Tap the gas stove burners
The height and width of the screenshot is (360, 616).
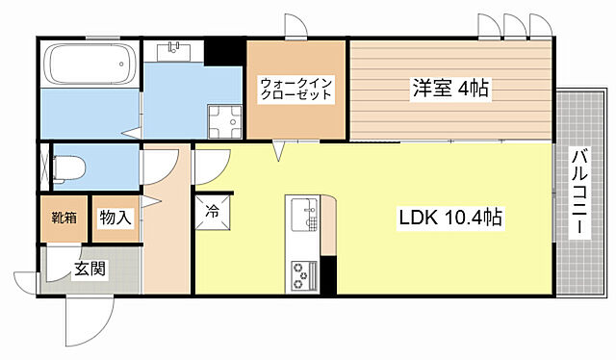point(302,274)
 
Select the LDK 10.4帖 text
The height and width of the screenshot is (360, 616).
point(449,219)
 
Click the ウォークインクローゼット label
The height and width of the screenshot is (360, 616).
point(295,90)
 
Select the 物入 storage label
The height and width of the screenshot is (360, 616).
point(115,218)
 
